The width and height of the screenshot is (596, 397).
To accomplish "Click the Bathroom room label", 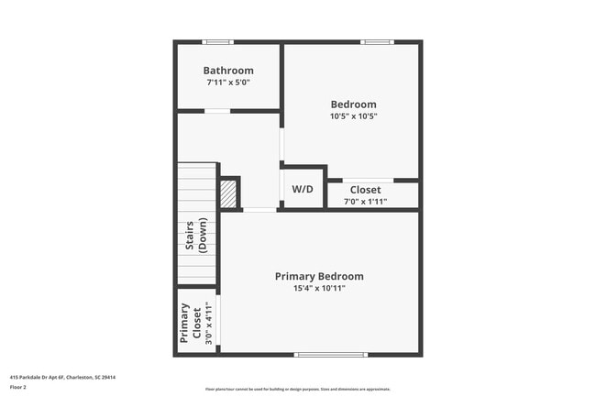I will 228,71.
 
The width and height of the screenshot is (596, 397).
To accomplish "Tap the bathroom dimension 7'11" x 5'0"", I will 228,83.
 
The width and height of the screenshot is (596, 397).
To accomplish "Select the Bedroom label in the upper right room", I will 353,105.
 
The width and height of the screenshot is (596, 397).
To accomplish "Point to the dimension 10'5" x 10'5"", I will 353,116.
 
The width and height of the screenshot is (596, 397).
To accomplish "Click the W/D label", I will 303,189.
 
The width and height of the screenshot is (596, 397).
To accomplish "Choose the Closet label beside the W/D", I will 365,190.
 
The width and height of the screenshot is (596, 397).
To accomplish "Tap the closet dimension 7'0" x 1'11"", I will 365,202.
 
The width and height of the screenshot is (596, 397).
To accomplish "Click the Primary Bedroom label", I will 319,276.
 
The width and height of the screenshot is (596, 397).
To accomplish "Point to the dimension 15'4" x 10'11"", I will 319,288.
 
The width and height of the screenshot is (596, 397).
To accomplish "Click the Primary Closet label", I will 190,323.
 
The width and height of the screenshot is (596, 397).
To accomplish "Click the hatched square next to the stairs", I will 227,193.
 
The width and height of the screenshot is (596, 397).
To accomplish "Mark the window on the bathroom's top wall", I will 217,41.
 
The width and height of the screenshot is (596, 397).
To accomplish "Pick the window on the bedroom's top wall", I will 376,41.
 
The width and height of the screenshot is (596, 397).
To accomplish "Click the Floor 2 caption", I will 19,387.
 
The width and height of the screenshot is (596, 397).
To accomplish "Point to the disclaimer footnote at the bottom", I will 298,389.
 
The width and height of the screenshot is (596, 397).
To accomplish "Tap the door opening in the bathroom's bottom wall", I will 216,111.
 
